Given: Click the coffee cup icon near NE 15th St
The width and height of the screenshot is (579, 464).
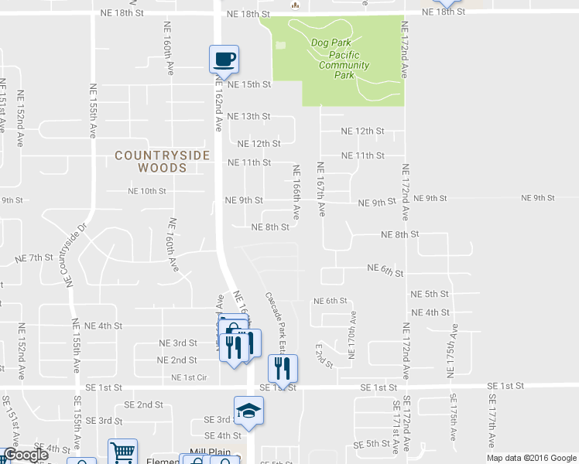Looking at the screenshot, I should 224,60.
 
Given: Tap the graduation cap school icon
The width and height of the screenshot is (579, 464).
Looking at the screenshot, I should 249,411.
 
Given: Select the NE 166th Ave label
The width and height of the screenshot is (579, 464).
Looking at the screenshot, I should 296,191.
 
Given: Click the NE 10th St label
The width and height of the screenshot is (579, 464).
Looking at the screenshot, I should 147,190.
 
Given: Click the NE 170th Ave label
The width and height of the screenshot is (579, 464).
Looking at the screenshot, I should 353,336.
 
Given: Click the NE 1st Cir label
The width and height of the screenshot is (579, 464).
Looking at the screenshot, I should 190,377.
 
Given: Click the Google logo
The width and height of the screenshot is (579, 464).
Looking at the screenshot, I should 26,455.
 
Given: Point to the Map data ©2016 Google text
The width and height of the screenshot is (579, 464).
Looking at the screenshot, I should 531,458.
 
